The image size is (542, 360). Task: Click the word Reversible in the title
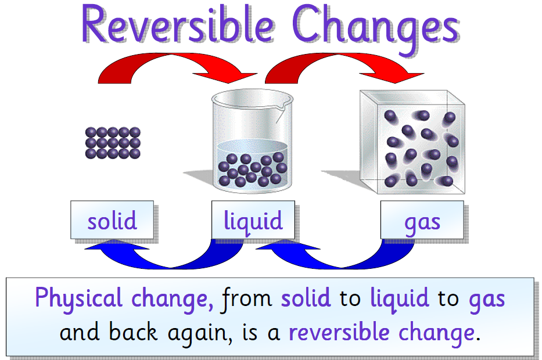[x=177, y=26]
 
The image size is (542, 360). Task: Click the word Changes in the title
[x=381, y=26]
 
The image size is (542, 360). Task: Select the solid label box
[x=112, y=220]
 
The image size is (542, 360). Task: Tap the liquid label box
[x=253, y=220]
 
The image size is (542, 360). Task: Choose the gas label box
[x=422, y=220]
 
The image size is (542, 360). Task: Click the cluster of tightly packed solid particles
[x=113, y=142]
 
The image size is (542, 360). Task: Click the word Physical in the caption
[x=78, y=298]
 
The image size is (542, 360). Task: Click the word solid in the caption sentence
[x=306, y=298]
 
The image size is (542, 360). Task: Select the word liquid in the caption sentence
[x=399, y=298]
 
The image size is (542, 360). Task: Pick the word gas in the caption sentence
[x=486, y=298]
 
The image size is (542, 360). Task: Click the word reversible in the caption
[x=340, y=332]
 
